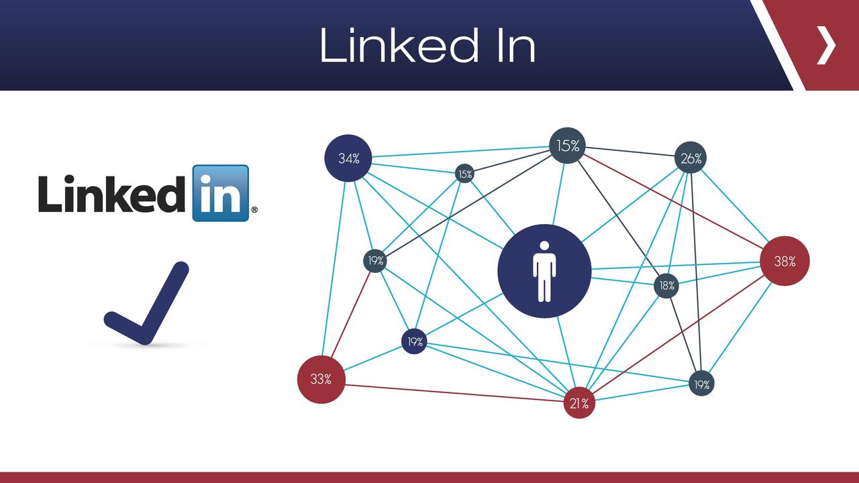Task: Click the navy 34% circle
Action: pos(348,159)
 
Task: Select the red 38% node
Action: pos(785,262)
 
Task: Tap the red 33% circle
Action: pos(321,379)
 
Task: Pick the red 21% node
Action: pos(578,403)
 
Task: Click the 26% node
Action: pos(691,158)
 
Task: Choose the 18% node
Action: pos(666,286)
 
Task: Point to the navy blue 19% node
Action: pos(415,341)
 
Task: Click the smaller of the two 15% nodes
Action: pos(464,174)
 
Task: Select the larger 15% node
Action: pos(568,146)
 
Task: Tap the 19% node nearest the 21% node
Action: pos(701,384)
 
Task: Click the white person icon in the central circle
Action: pos(544,271)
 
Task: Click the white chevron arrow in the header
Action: pos(827,46)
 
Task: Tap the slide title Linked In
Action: pos(427,46)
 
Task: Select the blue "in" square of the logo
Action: pos(220,193)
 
